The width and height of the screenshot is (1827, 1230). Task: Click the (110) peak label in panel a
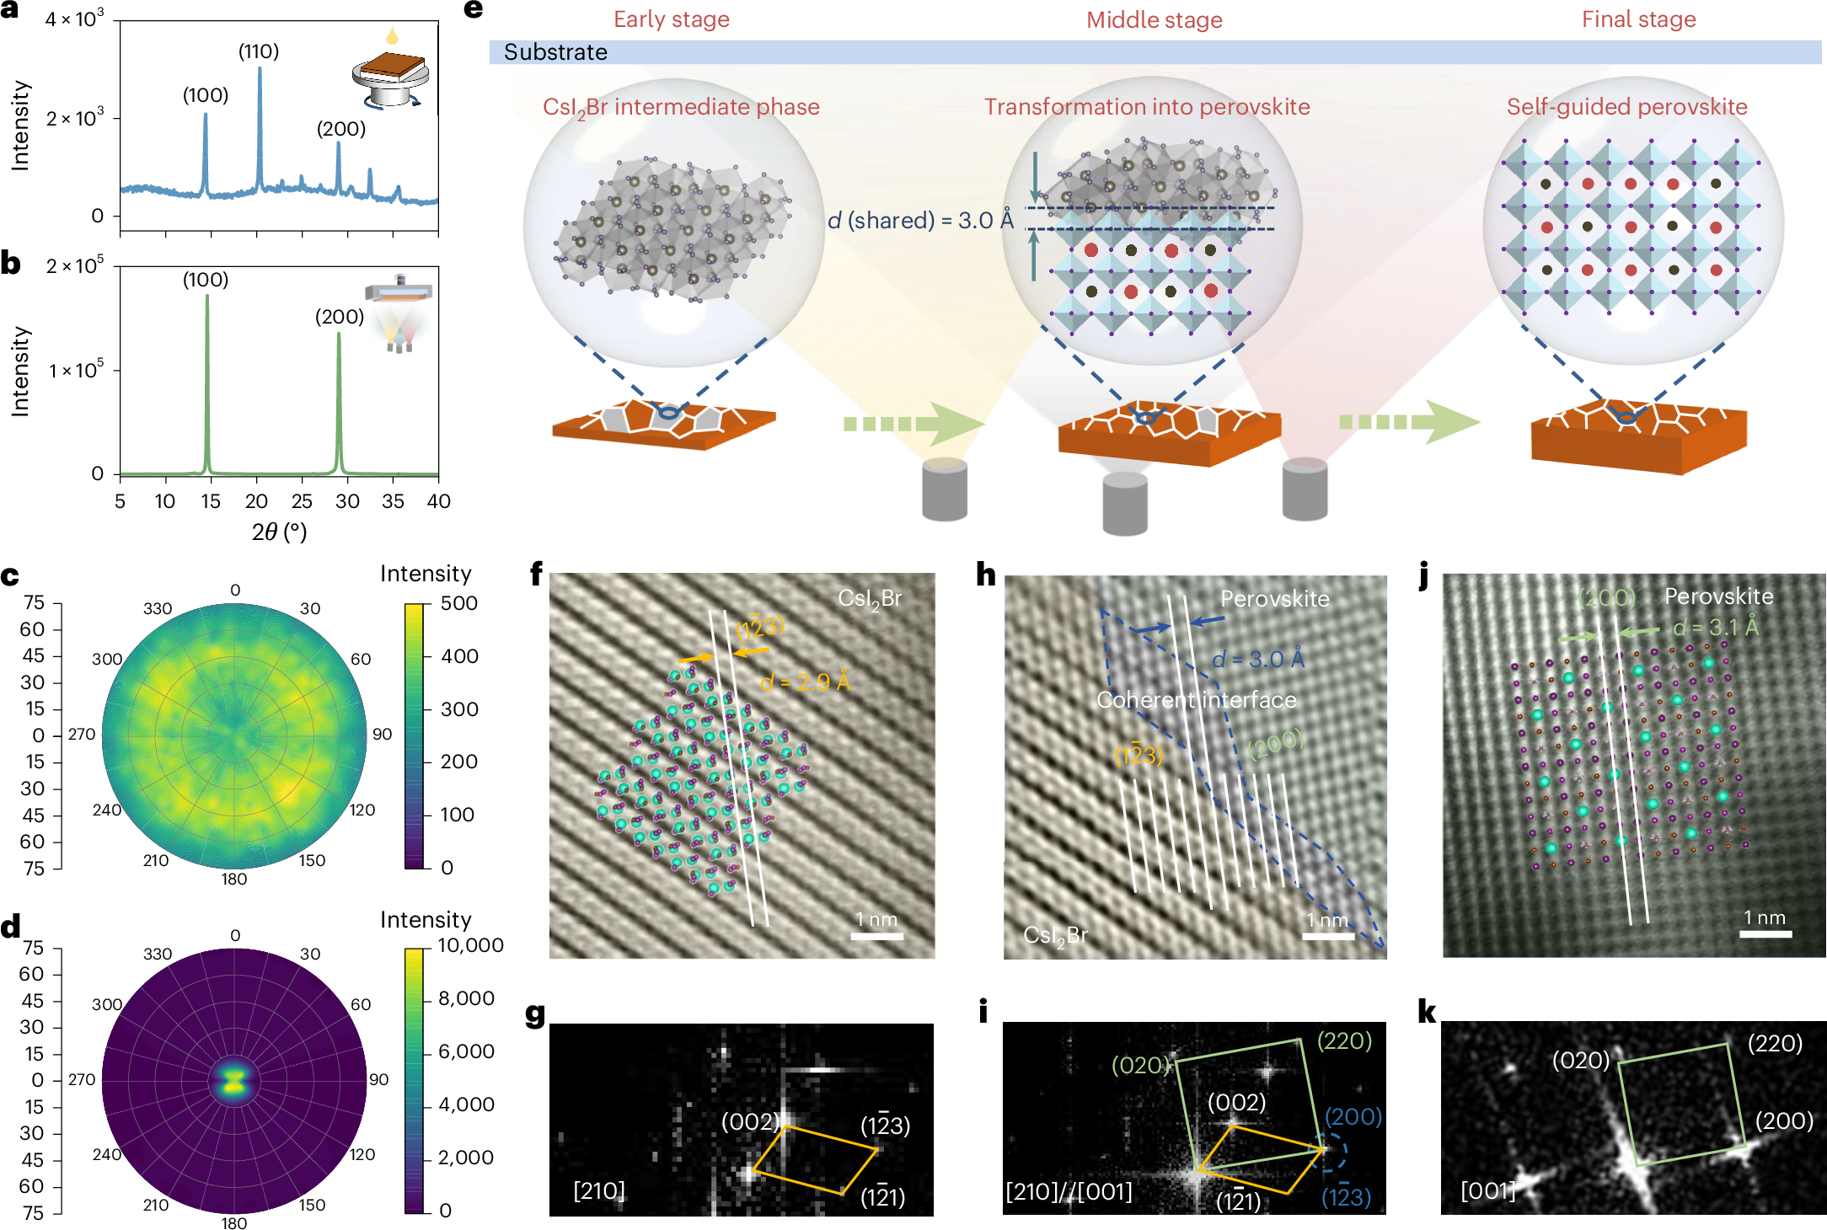tap(259, 51)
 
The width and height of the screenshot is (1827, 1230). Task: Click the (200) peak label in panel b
tap(340, 317)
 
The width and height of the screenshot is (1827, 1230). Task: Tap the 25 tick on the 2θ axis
tap(302, 501)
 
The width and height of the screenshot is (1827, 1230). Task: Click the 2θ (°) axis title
tap(279, 532)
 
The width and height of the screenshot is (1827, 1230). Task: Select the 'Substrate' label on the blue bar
tap(555, 52)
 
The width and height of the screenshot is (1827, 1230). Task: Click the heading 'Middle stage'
tap(1154, 20)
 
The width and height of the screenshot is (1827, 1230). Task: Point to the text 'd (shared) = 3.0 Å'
tap(920, 221)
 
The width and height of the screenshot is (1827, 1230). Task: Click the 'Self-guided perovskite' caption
tap(1626, 107)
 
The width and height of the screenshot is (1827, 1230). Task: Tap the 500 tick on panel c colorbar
tap(459, 603)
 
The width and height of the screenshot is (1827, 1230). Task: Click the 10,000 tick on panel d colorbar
tap(470, 945)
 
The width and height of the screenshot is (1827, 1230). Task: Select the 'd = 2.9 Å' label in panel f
tap(805, 682)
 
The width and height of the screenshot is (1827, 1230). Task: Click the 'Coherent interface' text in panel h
tap(1196, 700)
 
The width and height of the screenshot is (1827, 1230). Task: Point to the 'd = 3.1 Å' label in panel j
tap(1715, 628)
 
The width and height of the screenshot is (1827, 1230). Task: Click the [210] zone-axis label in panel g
tap(599, 1190)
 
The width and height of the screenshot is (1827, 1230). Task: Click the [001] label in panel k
tap(1487, 1190)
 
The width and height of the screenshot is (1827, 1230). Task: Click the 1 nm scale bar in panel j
tap(1765, 933)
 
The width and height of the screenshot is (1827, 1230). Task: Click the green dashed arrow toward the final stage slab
tap(1407, 422)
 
